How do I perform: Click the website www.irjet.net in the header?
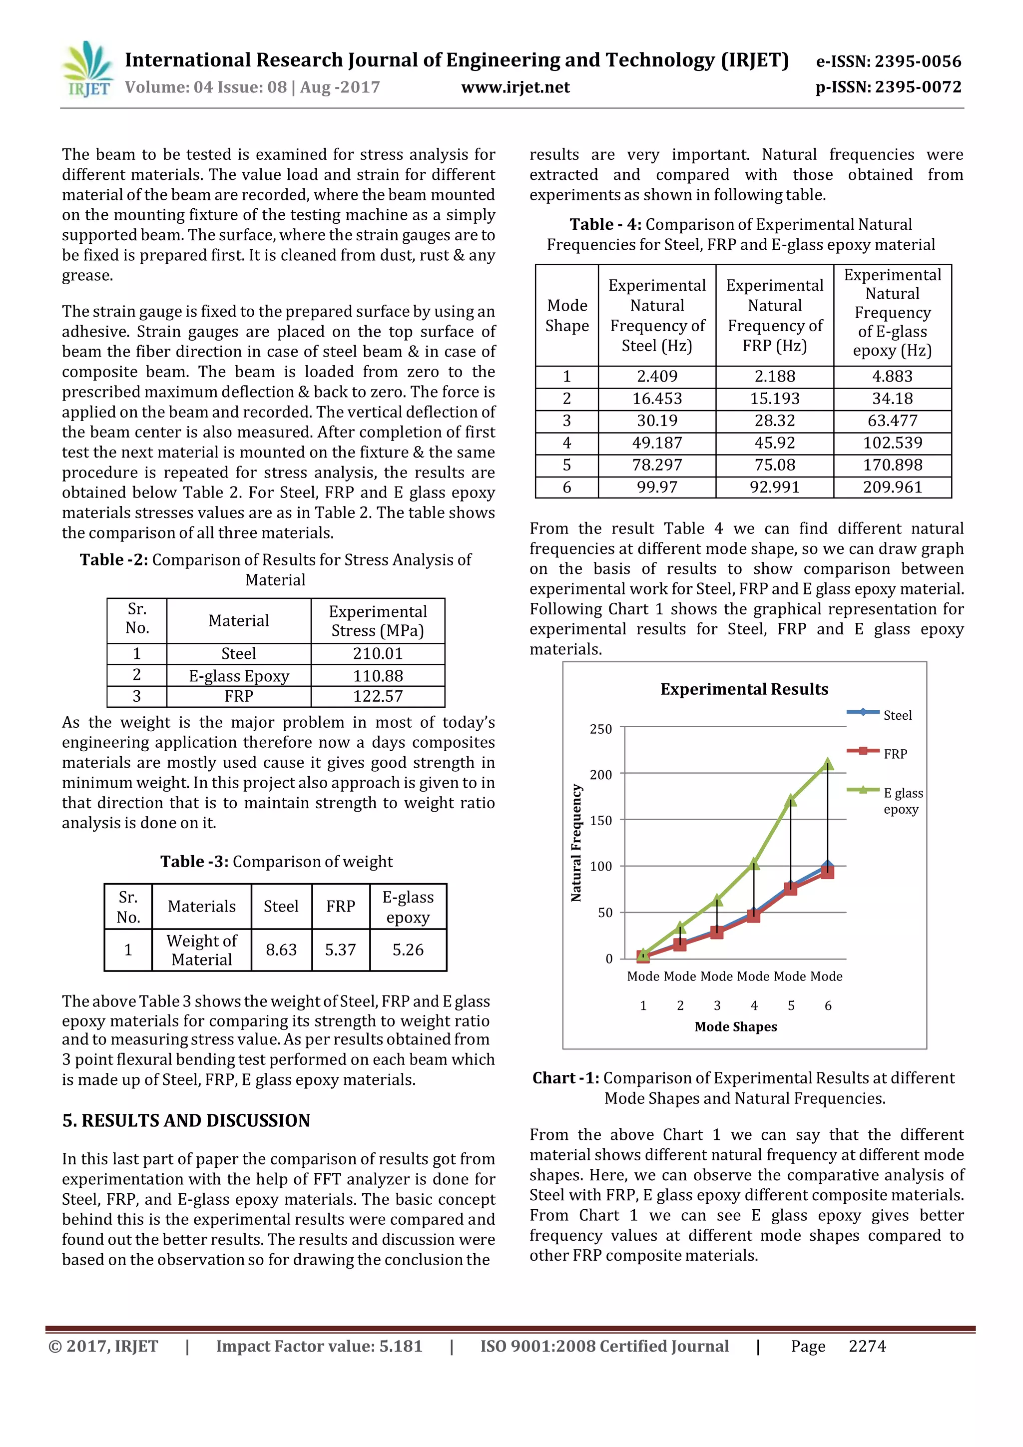515,87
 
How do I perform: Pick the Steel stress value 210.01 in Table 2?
378,653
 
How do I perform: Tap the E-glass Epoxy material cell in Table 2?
239,676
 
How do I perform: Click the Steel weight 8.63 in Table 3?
281,949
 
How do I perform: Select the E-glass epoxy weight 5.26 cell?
408,949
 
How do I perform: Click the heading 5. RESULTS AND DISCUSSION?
186,1120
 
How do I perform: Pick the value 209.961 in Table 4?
892,487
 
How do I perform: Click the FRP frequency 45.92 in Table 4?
775,443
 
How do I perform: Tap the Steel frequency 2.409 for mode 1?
657,376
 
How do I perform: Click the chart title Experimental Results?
744,689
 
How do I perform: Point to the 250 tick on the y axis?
601,729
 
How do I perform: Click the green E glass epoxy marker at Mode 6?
828,764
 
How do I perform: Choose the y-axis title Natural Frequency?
576,843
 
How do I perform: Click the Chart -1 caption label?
565,1078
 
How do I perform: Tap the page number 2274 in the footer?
867,1346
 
